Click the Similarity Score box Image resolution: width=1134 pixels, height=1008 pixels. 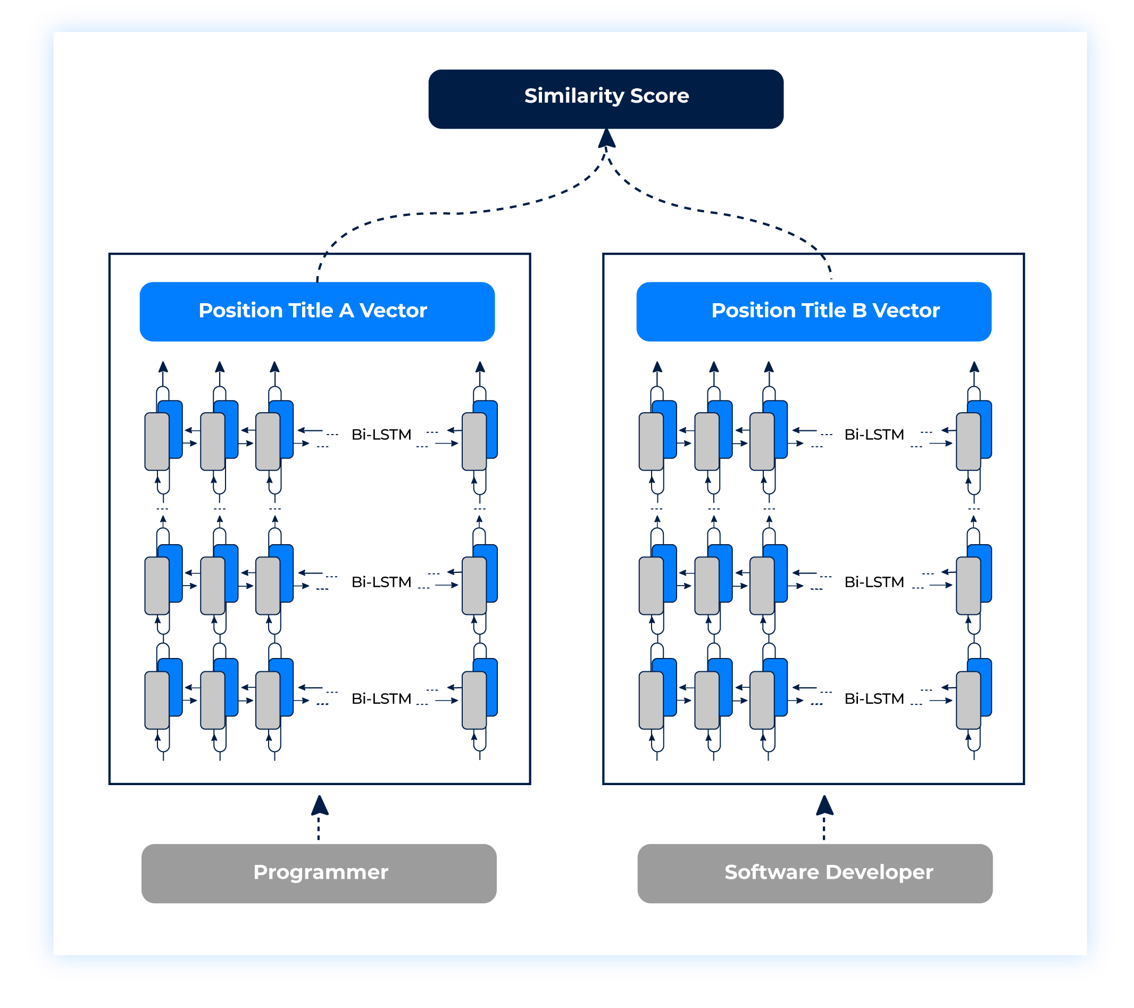point(606,99)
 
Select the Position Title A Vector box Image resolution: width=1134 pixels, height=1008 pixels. point(317,311)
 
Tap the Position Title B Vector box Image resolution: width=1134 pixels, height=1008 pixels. point(813,311)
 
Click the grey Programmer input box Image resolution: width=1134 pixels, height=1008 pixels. point(319,873)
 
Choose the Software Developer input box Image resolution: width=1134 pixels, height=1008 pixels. point(814,873)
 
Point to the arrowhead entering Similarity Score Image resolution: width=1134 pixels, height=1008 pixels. point(606,139)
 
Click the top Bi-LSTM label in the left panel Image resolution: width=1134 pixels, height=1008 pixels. point(381,435)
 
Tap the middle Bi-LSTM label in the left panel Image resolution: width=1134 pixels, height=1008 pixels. point(381,582)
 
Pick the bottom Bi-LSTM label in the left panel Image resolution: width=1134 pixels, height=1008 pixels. point(381,698)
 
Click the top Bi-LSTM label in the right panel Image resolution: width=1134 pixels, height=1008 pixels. point(874,435)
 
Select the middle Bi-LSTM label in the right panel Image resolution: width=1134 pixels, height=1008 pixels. point(874,582)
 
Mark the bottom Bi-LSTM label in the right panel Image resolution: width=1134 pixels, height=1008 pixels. point(874,698)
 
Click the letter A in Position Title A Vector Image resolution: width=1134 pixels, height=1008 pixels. point(346,311)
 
